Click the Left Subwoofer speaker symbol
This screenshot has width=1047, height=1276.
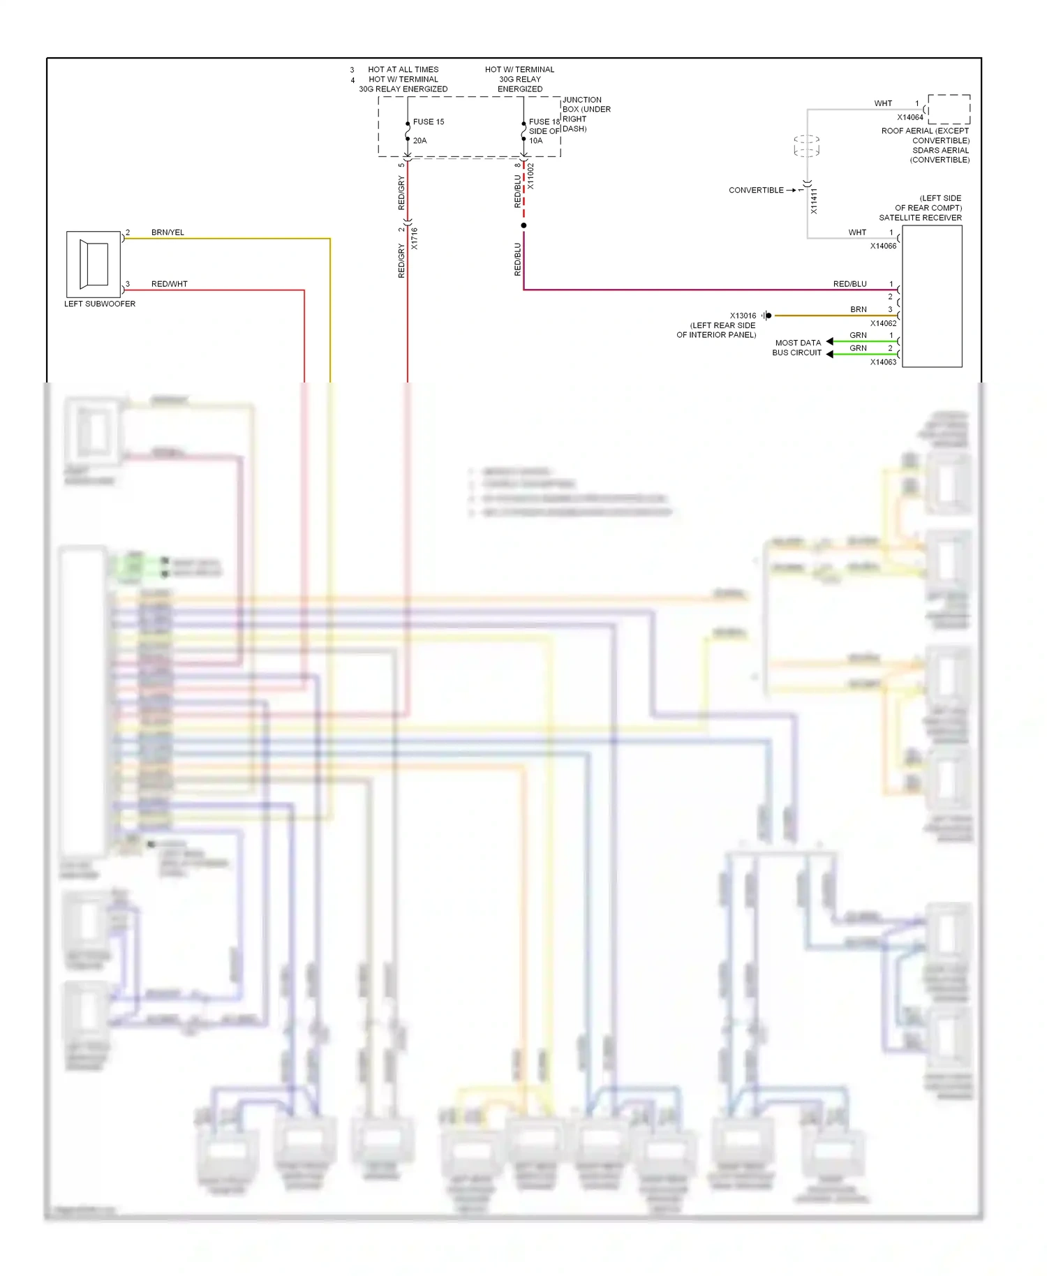pyautogui.click(x=94, y=264)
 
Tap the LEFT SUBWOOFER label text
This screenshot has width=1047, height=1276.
pyautogui.click(x=100, y=304)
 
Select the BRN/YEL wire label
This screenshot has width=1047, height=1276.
pyautogui.click(x=168, y=232)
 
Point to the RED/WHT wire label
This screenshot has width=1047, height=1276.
pyautogui.click(x=169, y=284)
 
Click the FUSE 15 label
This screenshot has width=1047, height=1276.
pyautogui.click(x=428, y=121)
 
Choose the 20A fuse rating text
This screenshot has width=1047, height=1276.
pyautogui.click(x=419, y=140)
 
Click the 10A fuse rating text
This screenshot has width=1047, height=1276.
pyautogui.click(x=535, y=140)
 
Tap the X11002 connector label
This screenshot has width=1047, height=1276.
pyautogui.click(x=530, y=177)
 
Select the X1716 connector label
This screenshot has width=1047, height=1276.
pyautogui.click(x=414, y=239)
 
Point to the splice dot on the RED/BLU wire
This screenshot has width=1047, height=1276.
pyautogui.click(x=523, y=225)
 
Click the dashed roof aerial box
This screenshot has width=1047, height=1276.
pyautogui.click(x=949, y=109)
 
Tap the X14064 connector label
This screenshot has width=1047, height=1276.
pyautogui.click(x=910, y=117)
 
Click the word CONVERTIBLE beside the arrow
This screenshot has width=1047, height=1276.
pyautogui.click(x=756, y=190)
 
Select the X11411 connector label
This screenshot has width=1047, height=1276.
pyautogui.click(x=814, y=201)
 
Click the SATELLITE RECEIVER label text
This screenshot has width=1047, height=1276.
pyautogui.click(x=920, y=218)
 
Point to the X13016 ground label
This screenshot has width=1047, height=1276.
pyautogui.click(x=743, y=316)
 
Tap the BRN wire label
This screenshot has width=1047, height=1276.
pyautogui.click(x=858, y=309)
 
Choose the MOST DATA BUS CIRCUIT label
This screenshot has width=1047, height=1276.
pyautogui.click(x=797, y=348)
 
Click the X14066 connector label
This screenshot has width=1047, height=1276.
pyautogui.click(x=883, y=246)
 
